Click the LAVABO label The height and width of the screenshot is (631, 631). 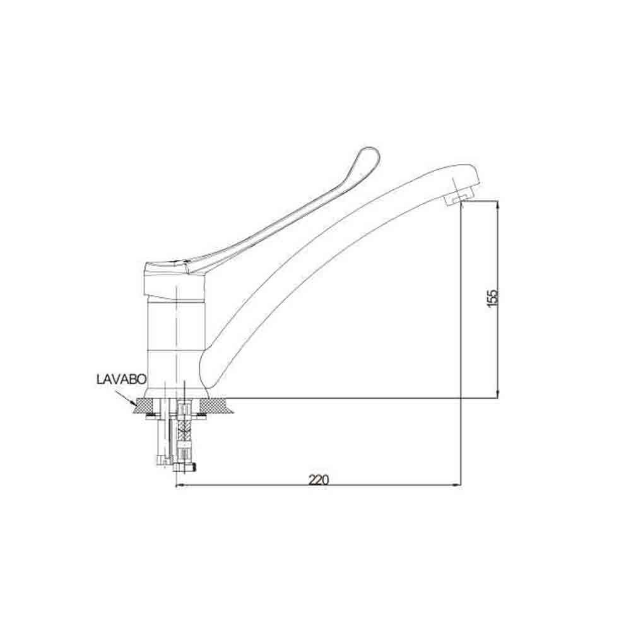point(122,379)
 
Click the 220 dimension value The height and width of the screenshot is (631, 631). point(318,480)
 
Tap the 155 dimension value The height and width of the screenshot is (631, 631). point(493,298)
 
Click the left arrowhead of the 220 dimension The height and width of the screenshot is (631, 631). point(180,486)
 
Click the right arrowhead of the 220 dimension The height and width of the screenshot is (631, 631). point(457,486)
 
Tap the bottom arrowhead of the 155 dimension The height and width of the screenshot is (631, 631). point(498,394)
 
